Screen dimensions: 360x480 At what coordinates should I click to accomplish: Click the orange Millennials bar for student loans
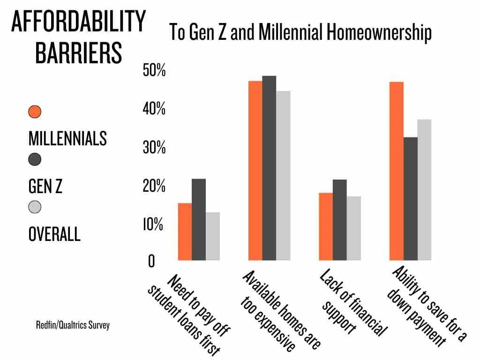[185, 232]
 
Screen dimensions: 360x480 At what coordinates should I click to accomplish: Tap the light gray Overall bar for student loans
[213, 236]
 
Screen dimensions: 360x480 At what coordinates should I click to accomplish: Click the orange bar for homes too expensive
[255, 171]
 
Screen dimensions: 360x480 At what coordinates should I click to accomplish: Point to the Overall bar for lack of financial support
[354, 228]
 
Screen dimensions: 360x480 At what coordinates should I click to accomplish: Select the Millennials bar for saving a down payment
[397, 171]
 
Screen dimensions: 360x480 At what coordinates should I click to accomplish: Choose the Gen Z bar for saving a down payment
[411, 199]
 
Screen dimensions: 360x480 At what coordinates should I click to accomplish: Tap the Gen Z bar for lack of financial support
[340, 220]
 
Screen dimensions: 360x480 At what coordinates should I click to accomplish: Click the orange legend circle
[35, 112]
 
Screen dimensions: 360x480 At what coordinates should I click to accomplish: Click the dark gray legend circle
[35, 160]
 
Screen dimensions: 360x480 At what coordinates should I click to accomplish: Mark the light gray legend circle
[35, 207]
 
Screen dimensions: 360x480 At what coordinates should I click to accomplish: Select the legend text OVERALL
[54, 234]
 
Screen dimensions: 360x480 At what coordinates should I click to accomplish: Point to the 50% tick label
[153, 72]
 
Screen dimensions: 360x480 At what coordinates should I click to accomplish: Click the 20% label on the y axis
[153, 187]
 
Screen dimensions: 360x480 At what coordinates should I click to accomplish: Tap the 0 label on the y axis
[151, 262]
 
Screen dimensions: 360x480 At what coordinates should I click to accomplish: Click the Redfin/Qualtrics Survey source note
[73, 325]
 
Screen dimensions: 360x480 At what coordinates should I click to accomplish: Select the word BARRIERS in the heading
[78, 53]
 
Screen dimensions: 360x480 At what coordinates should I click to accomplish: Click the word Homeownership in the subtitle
[379, 33]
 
